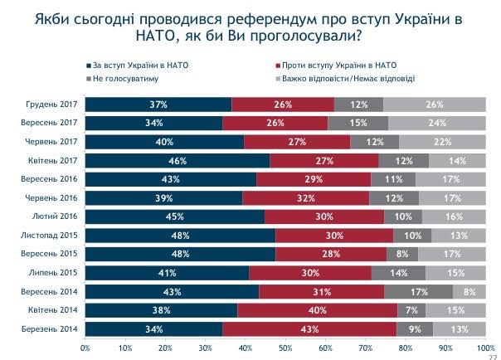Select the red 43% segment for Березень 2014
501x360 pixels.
[x=309, y=328]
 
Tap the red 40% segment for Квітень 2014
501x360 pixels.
[x=317, y=309]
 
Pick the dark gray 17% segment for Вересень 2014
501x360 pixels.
[x=419, y=291]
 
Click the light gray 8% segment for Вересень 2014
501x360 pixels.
[x=469, y=291]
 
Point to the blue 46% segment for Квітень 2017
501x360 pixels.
[x=177, y=160]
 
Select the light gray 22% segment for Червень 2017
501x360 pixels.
[x=441, y=142]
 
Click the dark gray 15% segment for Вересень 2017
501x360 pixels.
[x=358, y=123]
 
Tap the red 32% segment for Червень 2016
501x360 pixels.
[x=305, y=197]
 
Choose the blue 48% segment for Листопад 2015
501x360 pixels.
[x=181, y=235]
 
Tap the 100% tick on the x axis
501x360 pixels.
[x=485, y=348]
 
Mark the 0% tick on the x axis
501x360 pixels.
[x=85, y=348]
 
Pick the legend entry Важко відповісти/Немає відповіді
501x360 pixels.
[x=349, y=79]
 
